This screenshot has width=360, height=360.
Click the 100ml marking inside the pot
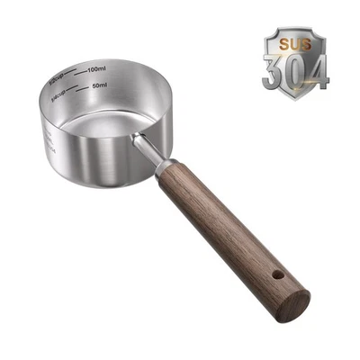(97, 69)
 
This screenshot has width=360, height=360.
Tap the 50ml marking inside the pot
(100, 86)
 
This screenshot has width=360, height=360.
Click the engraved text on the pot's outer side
(48, 139)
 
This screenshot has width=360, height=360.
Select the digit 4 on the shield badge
(317, 68)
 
